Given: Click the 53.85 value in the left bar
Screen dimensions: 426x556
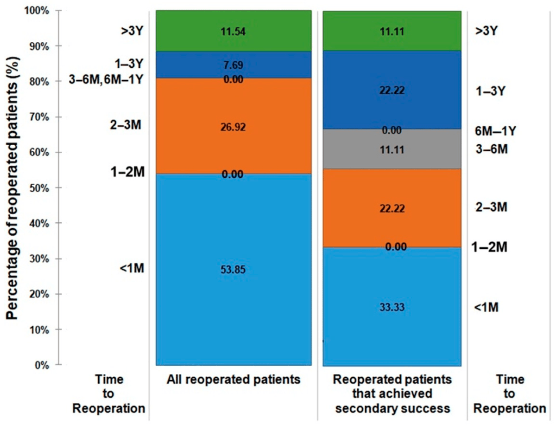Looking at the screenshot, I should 233,270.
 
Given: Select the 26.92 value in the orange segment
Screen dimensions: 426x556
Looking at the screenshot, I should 233,127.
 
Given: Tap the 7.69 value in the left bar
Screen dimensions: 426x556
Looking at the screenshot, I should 233,65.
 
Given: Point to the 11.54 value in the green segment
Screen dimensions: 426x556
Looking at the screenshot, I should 233,32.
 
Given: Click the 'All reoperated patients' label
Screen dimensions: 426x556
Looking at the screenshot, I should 233,380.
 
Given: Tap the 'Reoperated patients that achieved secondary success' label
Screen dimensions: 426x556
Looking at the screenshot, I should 392,394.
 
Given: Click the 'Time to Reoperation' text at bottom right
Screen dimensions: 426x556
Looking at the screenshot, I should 509,394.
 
